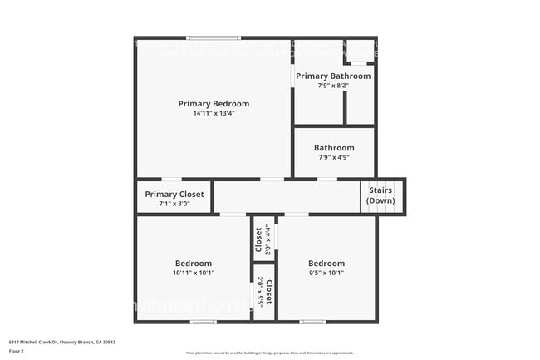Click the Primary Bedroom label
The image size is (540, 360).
click(x=214, y=104)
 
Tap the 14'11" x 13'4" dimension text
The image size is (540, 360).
click(x=214, y=113)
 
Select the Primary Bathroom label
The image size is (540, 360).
click(x=333, y=76)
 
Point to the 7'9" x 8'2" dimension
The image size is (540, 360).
click(x=333, y=85)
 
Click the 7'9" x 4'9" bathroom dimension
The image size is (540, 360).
click(x=334, y=157)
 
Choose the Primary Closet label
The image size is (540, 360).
click(x=173, y=194)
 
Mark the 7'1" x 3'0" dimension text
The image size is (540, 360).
click(x=173, y=203)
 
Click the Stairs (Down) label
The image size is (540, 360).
click(x=381, y=195)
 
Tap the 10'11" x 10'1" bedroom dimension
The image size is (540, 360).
click(x=193, y=272)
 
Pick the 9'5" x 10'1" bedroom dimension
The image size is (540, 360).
click(x=326, y=272)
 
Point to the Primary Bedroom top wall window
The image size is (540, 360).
click(x=214, y=37)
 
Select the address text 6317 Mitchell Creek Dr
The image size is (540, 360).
click(x=62, y=341)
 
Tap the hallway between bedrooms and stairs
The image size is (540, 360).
click(x=287, y=198)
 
